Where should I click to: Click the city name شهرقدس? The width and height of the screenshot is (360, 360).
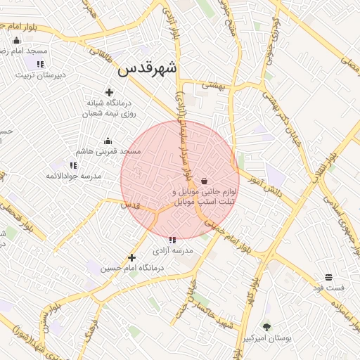click(148, 67)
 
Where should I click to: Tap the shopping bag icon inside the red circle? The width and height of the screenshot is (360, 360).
click(204, 181)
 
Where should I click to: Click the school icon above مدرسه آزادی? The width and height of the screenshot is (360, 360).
click(173, 240)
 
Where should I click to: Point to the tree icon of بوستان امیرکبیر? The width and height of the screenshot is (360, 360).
click(266, 326)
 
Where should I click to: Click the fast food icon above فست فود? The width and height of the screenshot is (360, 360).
click(328, 277)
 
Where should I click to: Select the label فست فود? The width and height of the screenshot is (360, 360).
click(329, 288)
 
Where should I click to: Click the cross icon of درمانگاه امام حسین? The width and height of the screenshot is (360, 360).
click(131, 257)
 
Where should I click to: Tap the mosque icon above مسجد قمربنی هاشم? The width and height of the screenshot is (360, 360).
click(108, 141)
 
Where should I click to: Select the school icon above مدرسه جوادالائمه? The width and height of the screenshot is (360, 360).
click(74, 165)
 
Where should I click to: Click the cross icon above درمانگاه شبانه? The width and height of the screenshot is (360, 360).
click(109, 92)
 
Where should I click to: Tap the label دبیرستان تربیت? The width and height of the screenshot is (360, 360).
click(41, 75)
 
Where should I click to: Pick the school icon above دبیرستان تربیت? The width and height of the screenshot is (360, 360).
click(40, 64)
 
